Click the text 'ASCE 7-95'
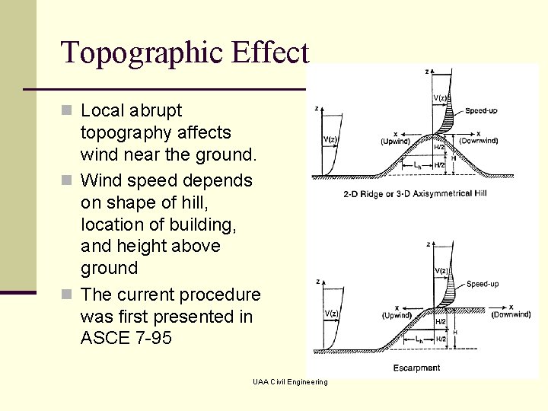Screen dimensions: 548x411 (x=126, y=338)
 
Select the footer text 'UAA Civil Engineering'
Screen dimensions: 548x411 (x=290, y=381)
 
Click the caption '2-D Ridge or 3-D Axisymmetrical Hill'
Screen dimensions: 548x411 (x=415, y=193)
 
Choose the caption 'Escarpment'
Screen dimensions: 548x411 (x=416, y=368)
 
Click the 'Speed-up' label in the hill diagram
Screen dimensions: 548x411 (x=481, y=110)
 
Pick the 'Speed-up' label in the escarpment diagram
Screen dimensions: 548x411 (x=483, y=284)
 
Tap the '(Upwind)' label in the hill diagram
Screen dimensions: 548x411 (x=396, y=142)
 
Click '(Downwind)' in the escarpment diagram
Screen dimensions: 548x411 (x=511, y=314)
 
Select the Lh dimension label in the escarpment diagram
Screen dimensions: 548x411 (x=419, y=340)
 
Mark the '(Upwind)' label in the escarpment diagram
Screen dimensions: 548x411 (x=397, y=315)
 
